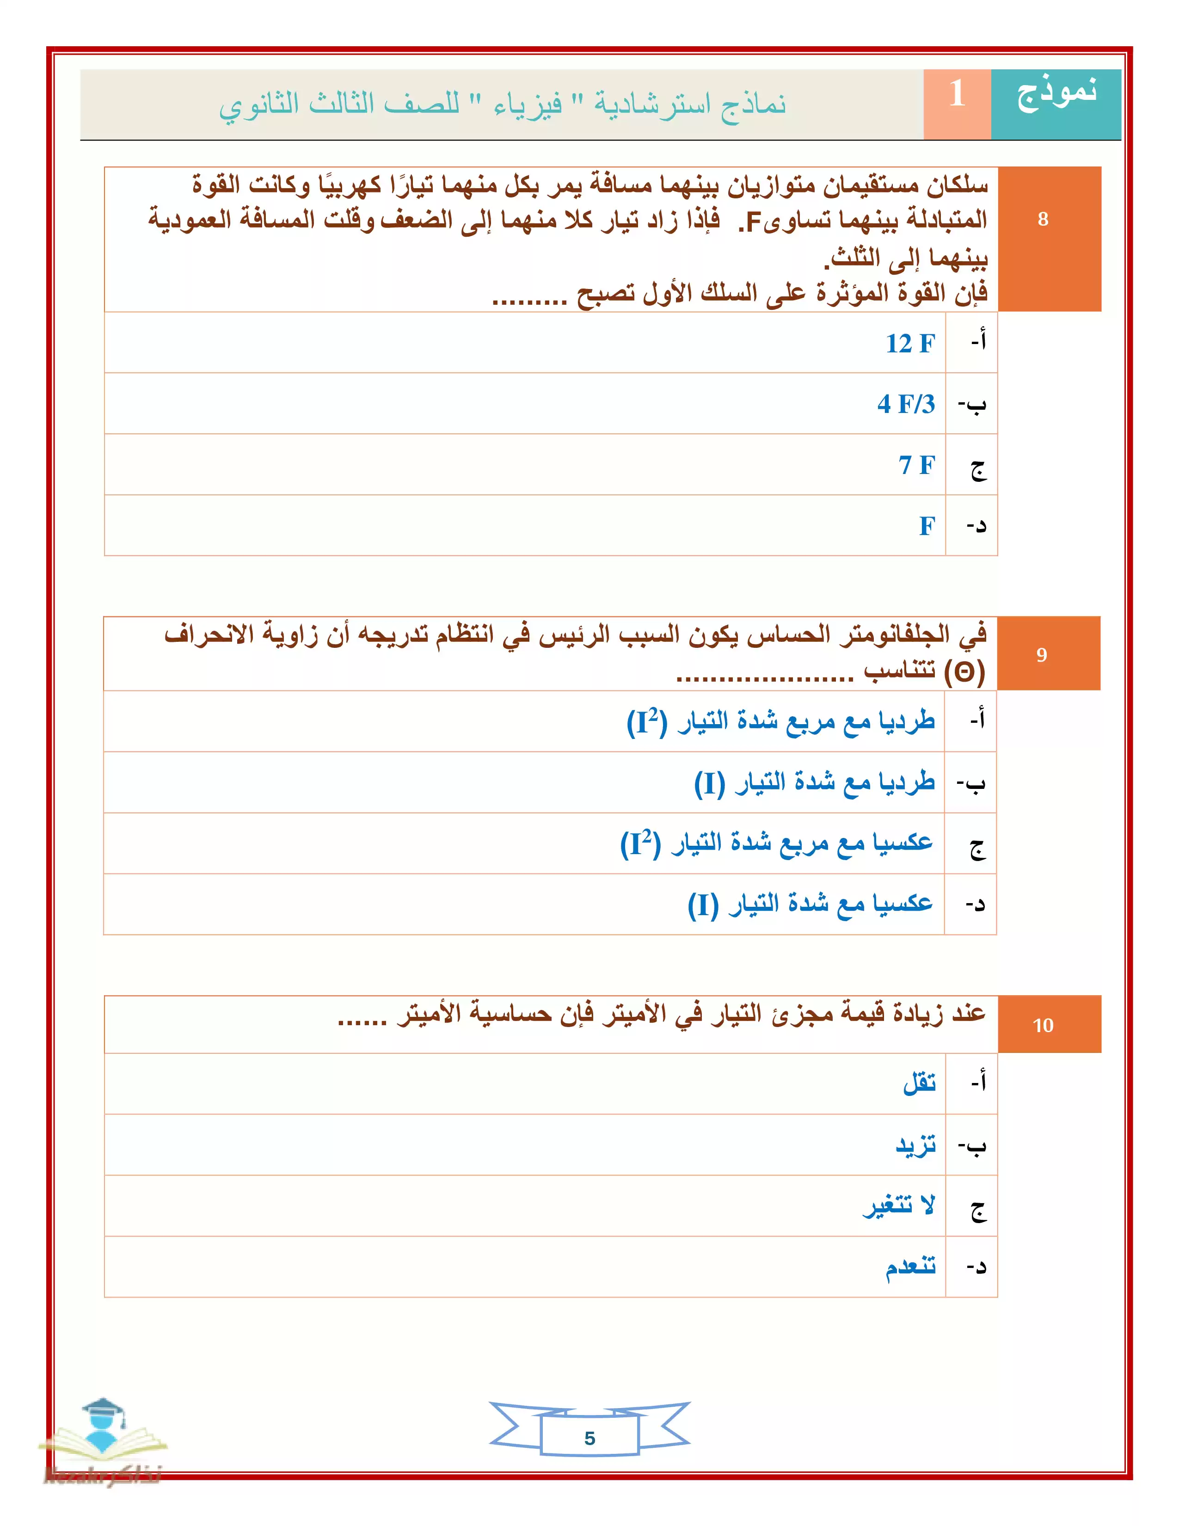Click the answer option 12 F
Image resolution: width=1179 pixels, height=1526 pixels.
point(909,344)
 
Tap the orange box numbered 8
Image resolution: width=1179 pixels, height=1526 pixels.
point(1042,219)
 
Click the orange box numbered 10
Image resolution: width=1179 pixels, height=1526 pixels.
point(1042,1025)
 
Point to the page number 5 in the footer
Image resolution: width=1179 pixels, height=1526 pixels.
point(589,1438)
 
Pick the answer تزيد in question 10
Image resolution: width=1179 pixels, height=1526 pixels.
point(915,1145)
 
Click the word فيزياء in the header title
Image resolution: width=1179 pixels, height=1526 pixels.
point(528,105)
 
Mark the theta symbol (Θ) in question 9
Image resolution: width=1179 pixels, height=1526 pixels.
point(964,672)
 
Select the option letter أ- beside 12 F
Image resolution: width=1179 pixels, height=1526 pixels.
point(978,342)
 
